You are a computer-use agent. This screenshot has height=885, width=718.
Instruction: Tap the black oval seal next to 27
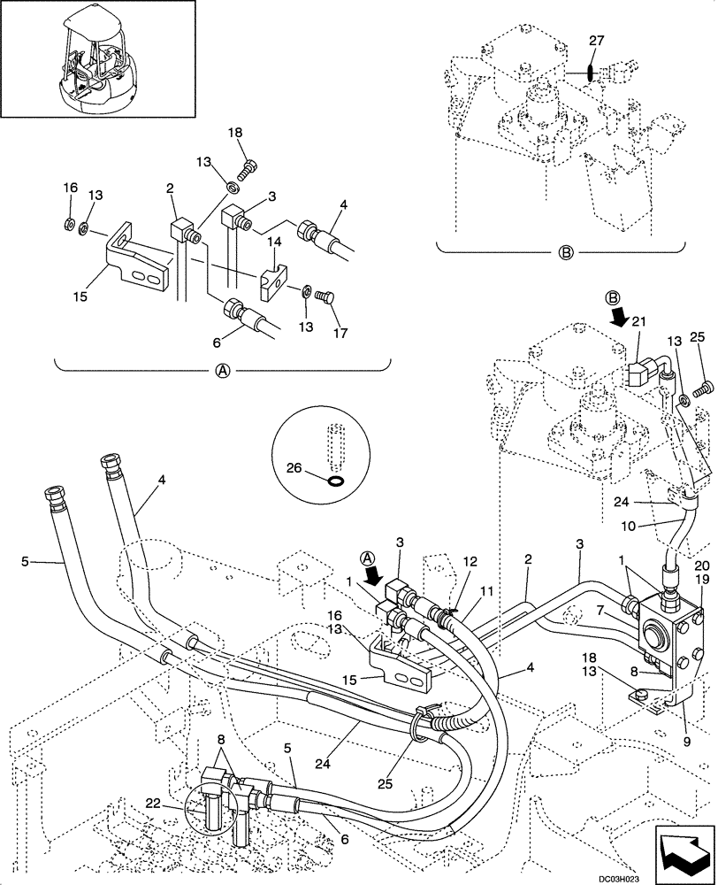click(590, 68)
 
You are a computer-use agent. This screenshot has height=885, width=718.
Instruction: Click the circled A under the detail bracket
click(223, 373)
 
